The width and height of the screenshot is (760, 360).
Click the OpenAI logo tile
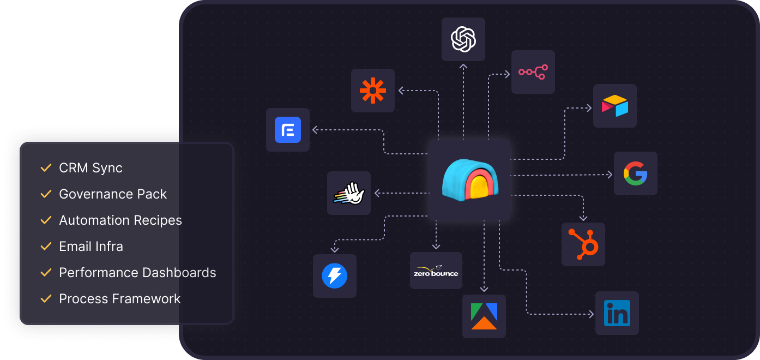point(463,39)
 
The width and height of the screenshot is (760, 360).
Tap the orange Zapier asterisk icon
point(373,91)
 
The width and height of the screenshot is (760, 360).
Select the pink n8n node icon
point(533,72)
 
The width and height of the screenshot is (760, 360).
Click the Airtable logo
point(615,106)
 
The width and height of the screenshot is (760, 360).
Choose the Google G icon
point(636,173)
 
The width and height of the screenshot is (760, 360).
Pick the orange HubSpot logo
point(583,244)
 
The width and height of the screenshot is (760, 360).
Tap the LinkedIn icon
point(617,313)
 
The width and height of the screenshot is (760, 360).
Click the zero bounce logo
point(436,271)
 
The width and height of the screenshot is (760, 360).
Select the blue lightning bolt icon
point(335,276)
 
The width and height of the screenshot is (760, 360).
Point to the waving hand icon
point(349,193)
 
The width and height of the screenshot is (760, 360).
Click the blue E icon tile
point(288,130)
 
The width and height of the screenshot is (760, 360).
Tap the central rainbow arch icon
point(470,179)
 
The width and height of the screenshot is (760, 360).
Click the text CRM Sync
point(91,168)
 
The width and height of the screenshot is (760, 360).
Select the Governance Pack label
point(113,194)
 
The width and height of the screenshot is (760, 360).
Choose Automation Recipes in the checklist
point(120,220)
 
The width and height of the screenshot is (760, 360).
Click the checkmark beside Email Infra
point(46,247)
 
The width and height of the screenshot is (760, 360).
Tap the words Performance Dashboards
point(137,273)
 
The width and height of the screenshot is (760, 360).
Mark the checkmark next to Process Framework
point(46,299)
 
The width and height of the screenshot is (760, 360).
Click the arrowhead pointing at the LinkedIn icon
point(591,314)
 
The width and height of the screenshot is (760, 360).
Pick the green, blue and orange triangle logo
point(484,316)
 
